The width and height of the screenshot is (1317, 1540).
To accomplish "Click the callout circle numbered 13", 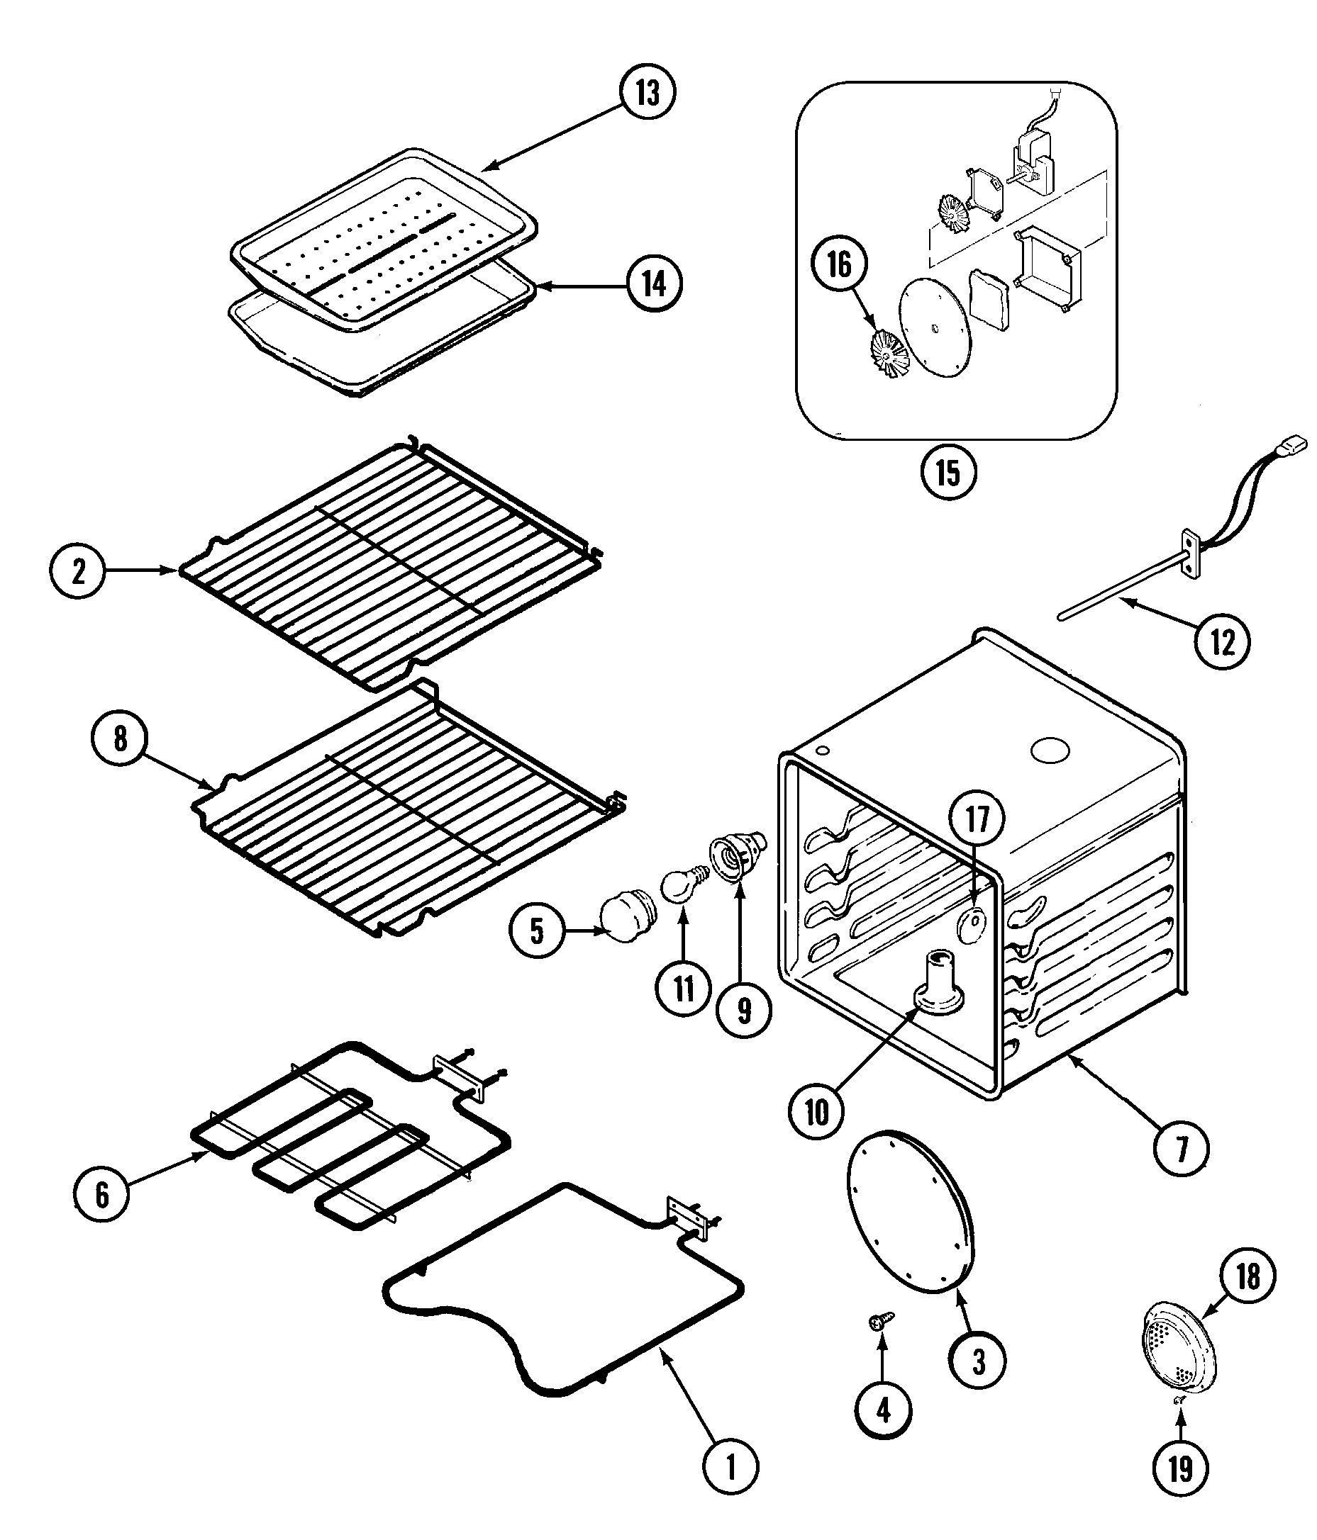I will pyautogui.click(x=647, y=93).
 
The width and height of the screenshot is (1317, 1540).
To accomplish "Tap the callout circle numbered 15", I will pyautogui.click(x=948, y=472).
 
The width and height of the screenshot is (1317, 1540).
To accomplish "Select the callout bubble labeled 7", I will pyautogui.click(x=1181, y=1148).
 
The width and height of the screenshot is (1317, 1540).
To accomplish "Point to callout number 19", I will pyautogui.click(x=1181, y=1469).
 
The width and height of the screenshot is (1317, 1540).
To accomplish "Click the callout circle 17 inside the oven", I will pyautogui.click(x=977, y=819).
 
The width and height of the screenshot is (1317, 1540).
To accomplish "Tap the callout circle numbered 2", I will pyautogui.click(x=78, y=571).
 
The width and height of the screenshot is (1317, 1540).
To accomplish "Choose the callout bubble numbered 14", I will pyautogui.click(x=654, y=284).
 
